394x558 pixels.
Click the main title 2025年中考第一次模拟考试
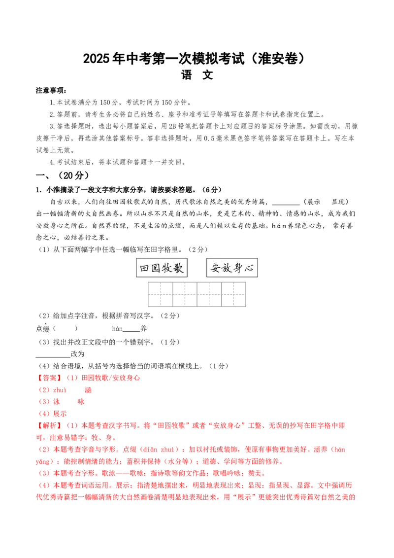click(164, 59)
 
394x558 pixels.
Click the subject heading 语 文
click(197, 75)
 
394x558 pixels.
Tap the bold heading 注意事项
click(51, 91)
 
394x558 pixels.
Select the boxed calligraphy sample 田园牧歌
click(162, 268)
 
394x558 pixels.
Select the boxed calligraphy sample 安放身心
click(232, 268)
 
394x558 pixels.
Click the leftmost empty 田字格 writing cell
click(161, 294)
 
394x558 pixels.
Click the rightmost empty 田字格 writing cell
click(233, 294)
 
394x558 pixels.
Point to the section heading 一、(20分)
click(63, 175)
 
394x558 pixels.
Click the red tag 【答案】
click(50, 378)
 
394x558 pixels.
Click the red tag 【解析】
click(50, 425)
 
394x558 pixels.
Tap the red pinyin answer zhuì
click(60, 390)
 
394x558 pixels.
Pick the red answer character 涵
click(88, 390)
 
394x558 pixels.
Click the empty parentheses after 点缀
click(65, 328)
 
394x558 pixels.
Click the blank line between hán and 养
click(131, 331)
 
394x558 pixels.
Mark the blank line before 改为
click(53, 356)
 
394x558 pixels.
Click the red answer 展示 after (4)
click(60, 414)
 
